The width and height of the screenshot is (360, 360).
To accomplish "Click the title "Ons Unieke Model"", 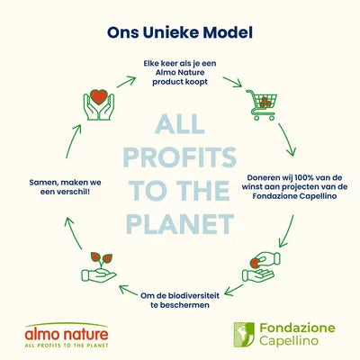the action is coord(180,32).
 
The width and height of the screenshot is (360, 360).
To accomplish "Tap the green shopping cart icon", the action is coord(262,105).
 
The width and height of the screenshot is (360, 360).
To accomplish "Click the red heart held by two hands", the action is coord(99,96).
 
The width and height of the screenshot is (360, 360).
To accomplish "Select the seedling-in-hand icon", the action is coord(99,267).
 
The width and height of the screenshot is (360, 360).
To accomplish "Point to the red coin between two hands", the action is coord(255,264).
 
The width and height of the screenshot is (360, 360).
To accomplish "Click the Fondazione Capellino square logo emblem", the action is coord(244,335).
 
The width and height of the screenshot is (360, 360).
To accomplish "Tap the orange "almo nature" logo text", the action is coord(67,334).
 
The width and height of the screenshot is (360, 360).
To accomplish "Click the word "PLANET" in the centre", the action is coord(180,224).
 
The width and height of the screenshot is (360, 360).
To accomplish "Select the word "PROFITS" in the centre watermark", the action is coord(180,157).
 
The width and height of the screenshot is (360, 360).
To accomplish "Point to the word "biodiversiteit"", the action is coord(193,295).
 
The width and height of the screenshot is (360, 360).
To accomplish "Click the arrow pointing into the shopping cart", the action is coord(232,82).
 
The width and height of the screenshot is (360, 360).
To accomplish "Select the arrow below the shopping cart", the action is coord(287,139).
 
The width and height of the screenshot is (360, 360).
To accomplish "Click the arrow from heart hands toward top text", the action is coord(126,82).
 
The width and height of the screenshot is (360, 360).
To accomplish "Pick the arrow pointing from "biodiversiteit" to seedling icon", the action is coord(128,290).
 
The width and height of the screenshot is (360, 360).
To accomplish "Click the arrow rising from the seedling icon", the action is coord(74,233).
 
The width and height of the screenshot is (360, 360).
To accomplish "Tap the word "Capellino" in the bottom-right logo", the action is coord(289,341).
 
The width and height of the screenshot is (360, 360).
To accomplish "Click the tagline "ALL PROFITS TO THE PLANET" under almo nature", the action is coord(67,346).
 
